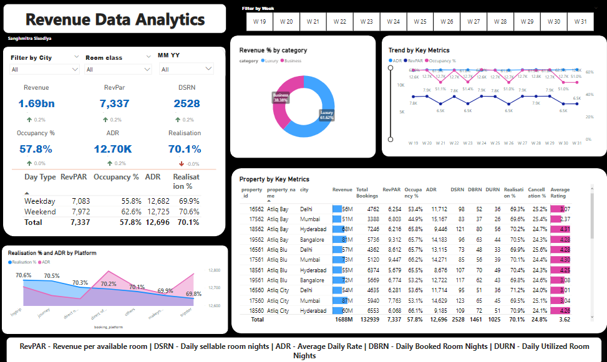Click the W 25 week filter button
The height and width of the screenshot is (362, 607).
click(420, 21)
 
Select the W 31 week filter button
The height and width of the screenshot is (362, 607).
click(580, 21)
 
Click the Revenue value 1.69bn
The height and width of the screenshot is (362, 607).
click(36, 103)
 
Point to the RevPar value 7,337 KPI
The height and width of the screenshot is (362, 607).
click(114, 103)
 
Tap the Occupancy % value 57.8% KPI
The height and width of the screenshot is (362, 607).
click(36, 150)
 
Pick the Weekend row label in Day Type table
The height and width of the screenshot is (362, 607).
click(40, 212)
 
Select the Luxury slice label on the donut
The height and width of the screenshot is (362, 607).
click(327, 115)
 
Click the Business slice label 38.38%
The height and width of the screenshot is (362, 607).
click(280, 98)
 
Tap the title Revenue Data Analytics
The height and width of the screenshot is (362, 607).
click(115, 19)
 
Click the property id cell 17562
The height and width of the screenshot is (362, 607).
click(256, 219)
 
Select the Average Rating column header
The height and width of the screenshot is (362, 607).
click(560, 192)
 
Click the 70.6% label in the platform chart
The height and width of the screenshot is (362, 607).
click(23, 275)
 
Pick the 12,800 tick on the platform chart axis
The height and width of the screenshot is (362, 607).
click(213, 270)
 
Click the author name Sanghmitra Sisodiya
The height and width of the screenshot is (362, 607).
click(30, 39)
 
